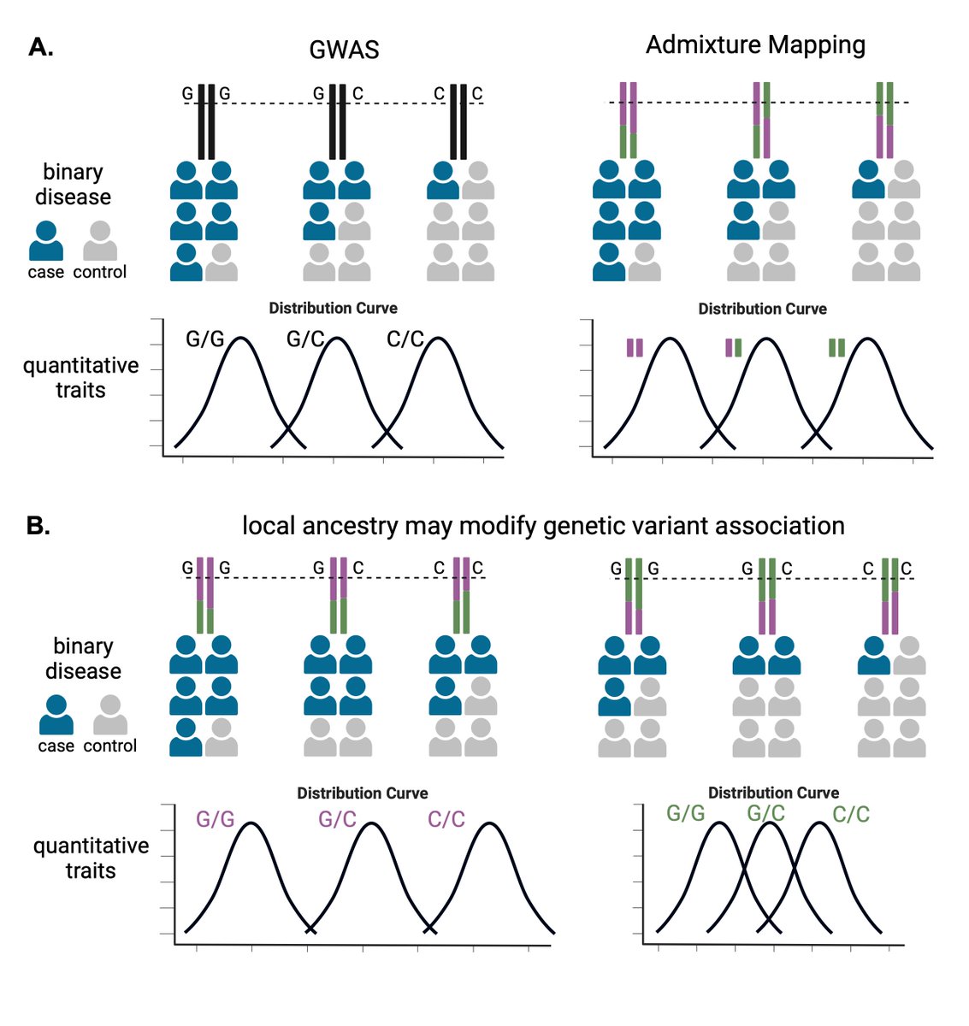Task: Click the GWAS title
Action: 344,50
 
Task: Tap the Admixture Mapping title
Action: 755,45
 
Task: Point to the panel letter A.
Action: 41,47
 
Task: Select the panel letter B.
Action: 38,526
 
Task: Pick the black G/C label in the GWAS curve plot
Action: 305,339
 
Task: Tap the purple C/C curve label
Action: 446,820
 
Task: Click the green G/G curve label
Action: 685,813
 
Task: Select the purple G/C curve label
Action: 337,820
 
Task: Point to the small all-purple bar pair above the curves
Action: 635,347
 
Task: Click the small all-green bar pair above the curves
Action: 836,347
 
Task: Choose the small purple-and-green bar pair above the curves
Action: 734,347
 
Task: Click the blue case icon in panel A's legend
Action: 46,241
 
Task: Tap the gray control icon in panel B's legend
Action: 109,715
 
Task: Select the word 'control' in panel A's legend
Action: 100,272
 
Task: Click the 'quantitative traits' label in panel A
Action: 80,378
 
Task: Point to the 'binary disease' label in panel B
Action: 83,658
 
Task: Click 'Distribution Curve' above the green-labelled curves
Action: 773,793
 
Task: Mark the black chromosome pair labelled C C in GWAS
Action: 459,121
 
